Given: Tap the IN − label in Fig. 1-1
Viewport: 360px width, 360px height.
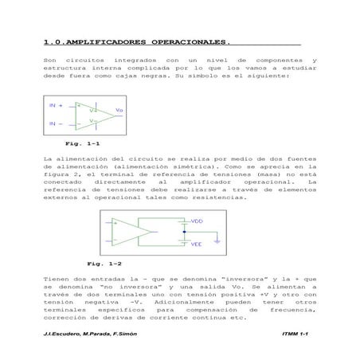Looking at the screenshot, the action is coord(56,124).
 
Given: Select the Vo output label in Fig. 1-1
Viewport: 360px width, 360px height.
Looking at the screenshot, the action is coord(119,109).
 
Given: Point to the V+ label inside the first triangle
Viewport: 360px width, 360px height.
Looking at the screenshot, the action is coord(92,111).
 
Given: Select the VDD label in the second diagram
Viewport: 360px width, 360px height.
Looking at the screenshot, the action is coord(198,221).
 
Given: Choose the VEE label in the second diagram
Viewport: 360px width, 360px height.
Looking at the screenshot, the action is coord(198,245).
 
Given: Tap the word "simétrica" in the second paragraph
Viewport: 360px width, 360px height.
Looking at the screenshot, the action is coord(184,166).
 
